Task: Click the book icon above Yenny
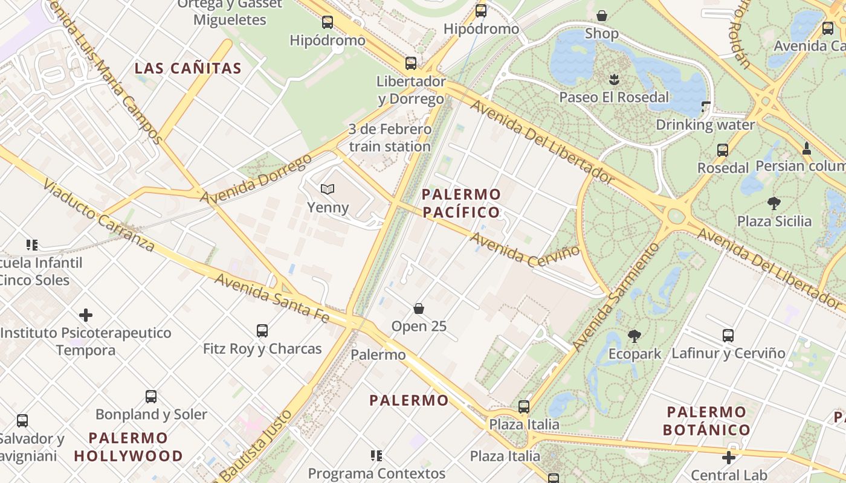click(x=328, y=190)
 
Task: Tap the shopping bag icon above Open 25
click(x=419, y=309)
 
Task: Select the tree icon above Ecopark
click(x=634, y=336)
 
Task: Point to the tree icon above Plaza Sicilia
click(x=773, y=203)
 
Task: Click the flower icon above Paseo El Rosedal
click(x=614, y=79)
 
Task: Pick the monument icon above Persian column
click(x=806, y=148)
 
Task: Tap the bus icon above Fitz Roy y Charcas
click(x=262, y=331)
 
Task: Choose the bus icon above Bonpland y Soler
click(x=151, y=397)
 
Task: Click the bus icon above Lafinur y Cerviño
click(x=728, y=336)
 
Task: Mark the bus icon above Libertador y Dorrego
click(x=411, y=63)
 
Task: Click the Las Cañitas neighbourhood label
click(x=188, y=68)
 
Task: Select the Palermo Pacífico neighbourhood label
click(x=462, y=203)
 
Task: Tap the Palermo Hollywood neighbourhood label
click(x=128, y=447)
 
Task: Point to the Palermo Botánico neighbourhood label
click(x=706, y=421)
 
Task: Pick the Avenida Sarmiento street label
click(x=615, y=298)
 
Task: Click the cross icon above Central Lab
click(x=729, y=458)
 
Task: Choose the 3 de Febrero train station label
click(x=390, y=138)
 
